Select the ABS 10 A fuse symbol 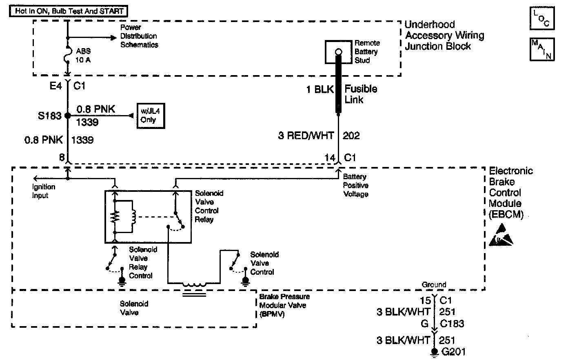point(68,54)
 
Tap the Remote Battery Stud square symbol point(338,52)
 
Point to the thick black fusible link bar point(338,86)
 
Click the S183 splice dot point(68,116)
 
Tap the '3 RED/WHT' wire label point(306,136)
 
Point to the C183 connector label point(452,324)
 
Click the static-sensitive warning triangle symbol point(501,238)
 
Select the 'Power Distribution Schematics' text point(139,36)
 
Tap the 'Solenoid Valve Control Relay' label point(209,206)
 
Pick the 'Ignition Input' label point(44,191)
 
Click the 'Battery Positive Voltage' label point(356,185)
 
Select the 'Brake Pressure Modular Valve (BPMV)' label point(284,305)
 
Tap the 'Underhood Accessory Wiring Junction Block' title point(444,36)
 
